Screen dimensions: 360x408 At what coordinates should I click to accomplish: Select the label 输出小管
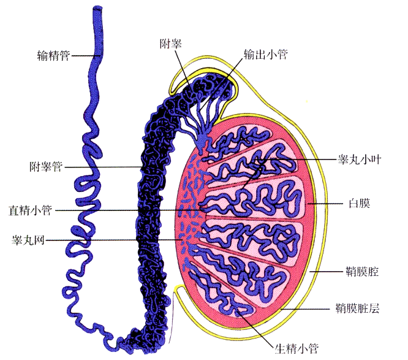266,54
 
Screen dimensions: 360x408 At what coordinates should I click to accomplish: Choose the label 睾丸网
29,240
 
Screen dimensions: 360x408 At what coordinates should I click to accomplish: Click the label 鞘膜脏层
358,308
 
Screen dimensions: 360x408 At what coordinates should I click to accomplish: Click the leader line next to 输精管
83,56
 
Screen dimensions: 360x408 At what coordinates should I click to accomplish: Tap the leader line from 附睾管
104,166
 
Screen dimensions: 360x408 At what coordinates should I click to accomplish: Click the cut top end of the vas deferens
98,9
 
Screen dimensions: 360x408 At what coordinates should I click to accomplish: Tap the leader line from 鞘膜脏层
307,310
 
